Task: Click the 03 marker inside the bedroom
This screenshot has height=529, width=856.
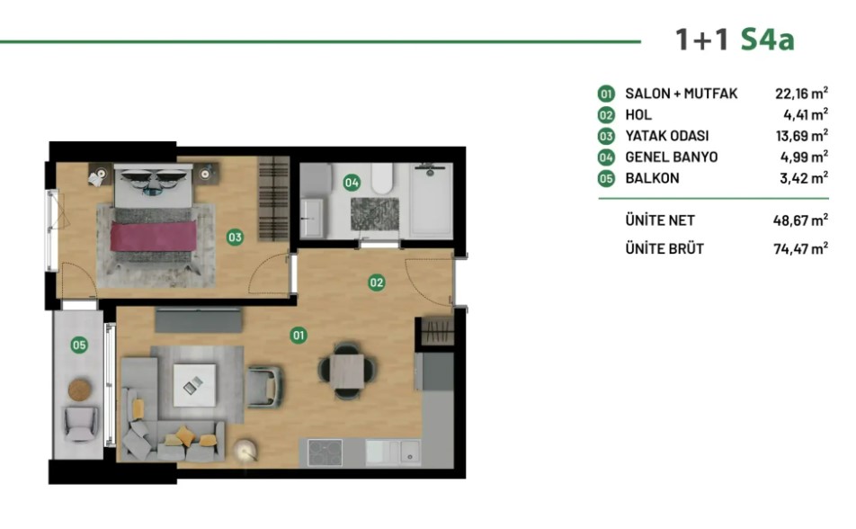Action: [235, 238]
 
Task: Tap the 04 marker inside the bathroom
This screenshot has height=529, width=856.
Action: [352, 183]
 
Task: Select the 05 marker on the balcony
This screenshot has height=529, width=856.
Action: [79, 345]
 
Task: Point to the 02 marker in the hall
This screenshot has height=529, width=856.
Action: [376, 282]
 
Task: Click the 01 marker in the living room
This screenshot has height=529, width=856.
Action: [299, 335]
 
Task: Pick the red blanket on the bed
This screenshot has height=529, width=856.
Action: [154, 236]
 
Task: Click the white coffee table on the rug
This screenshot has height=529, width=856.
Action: [194, 385]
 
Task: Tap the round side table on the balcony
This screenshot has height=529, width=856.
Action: [80, 390]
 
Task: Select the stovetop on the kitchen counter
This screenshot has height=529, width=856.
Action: [325, 453]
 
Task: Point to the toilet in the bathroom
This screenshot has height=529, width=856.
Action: [382, 178]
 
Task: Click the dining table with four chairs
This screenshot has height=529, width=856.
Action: [347, 371]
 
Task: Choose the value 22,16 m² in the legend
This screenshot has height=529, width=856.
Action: [801, 93]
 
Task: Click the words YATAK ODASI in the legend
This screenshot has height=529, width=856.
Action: [666, 136]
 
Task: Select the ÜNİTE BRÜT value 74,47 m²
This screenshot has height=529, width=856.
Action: [801, 248]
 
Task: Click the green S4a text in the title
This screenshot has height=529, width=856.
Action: [767, 40]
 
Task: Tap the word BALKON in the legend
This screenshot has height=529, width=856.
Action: [653, 178]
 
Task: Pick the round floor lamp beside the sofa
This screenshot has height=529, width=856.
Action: [245, 450]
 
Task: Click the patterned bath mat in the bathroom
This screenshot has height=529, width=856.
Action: [374, 214]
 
